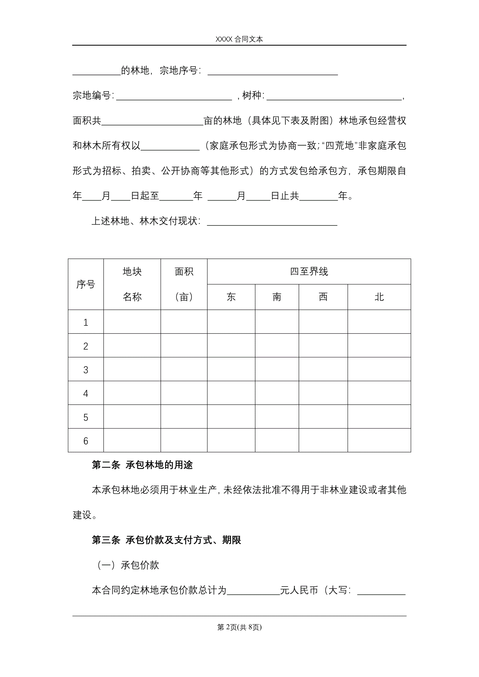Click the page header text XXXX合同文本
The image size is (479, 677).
coord(239,39)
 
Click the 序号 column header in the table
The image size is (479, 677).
coord(86,284)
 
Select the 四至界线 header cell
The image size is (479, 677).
coord(309,271)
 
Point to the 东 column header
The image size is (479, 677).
coord(231,297)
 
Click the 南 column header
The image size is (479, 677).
coord(277,297)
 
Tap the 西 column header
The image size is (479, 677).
coord(323,297)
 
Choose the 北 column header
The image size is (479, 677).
coord(379,297)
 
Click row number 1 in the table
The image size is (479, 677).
coord(86,322)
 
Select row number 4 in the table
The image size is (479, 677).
coord(86,393)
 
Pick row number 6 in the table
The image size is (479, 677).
coord(86,441)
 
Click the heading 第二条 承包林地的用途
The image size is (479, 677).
coord(142,465)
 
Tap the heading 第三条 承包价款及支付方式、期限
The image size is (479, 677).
coord(166,540)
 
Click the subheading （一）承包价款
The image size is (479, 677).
coord(128,565)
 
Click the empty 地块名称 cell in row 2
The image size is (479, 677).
coord(132,346)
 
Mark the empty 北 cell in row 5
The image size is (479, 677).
coord(379,417)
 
